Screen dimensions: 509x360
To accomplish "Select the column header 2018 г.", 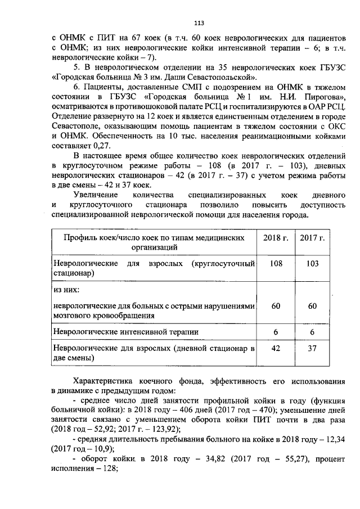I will click(x=276, y=238).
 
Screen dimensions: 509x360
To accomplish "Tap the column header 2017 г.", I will click(x=313, y=238).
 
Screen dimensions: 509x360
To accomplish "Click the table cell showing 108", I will click(x=276, y=264).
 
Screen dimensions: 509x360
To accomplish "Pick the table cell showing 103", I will click(x=313, y=264).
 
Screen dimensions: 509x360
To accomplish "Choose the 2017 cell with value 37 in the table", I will click(x=313, y=349).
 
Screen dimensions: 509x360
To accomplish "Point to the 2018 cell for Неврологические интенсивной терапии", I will click(x=276, y=332).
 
